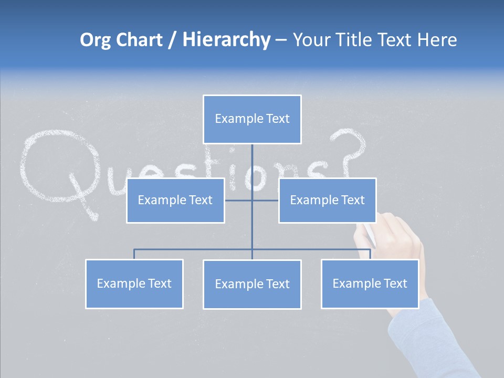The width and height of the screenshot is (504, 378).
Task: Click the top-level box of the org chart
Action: click(x=252, y=119)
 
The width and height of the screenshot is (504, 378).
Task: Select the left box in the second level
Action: click(x=175, y=200)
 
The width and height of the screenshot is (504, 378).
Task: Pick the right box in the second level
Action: click(x=327, y=200)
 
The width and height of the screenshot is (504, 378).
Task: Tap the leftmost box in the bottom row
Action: click(x=134, y=283)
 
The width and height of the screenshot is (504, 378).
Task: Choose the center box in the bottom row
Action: click(x=252, y=284)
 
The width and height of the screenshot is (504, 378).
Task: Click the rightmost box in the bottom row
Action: click(x=370, y=283)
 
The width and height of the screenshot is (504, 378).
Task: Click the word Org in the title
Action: click(x=96, y=40)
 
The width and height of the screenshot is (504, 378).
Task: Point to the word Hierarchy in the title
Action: click(x=226, y=40)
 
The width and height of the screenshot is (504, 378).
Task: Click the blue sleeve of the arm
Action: click(x=430, y=336)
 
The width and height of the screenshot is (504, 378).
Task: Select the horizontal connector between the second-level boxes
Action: click(x=251, y=200)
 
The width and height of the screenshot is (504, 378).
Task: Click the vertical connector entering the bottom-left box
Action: click(x=134, y=254)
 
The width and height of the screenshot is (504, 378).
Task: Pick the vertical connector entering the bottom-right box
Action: click(x=370, y=254)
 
